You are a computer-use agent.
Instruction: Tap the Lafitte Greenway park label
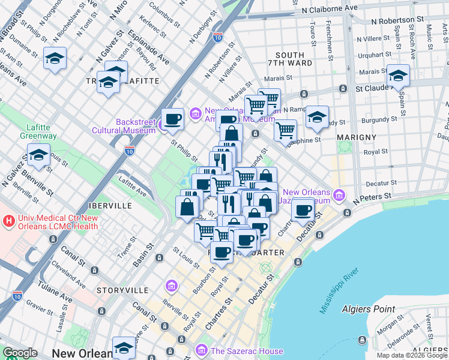41,131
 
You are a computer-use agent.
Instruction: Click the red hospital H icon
8,221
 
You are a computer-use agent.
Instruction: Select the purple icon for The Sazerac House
201,350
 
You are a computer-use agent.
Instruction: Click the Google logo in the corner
20,353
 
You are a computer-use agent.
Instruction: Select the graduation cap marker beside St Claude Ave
397,76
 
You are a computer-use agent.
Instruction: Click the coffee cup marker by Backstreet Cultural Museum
172,119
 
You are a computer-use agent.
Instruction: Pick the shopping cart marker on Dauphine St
286,129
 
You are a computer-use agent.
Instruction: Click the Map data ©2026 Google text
412,355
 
